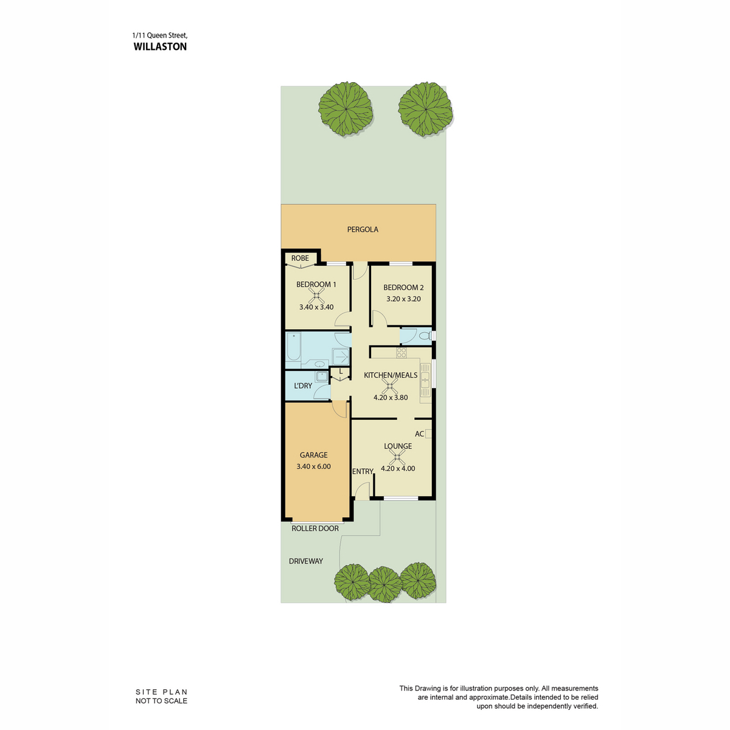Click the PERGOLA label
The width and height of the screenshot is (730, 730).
363,229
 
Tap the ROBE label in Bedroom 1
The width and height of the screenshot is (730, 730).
300,258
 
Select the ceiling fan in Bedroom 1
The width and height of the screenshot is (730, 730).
316,296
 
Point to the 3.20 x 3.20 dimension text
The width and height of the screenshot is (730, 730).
403,299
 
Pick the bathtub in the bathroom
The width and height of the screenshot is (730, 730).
293,347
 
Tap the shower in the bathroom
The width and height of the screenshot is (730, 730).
341,357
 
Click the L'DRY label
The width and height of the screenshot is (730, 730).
303,386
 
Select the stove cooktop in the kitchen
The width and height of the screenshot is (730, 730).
401,353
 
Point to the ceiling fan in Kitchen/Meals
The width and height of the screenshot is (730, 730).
389,387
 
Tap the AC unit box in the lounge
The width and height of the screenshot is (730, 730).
428,433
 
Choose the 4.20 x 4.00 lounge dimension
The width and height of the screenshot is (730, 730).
398,468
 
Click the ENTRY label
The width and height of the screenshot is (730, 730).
363,471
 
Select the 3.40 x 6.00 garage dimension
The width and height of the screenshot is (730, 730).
314,467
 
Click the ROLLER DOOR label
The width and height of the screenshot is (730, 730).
315,528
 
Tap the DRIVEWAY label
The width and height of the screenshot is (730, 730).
306,561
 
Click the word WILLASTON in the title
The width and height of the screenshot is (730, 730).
160,47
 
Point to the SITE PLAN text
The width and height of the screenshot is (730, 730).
162,692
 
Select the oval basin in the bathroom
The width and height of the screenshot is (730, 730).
320,364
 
